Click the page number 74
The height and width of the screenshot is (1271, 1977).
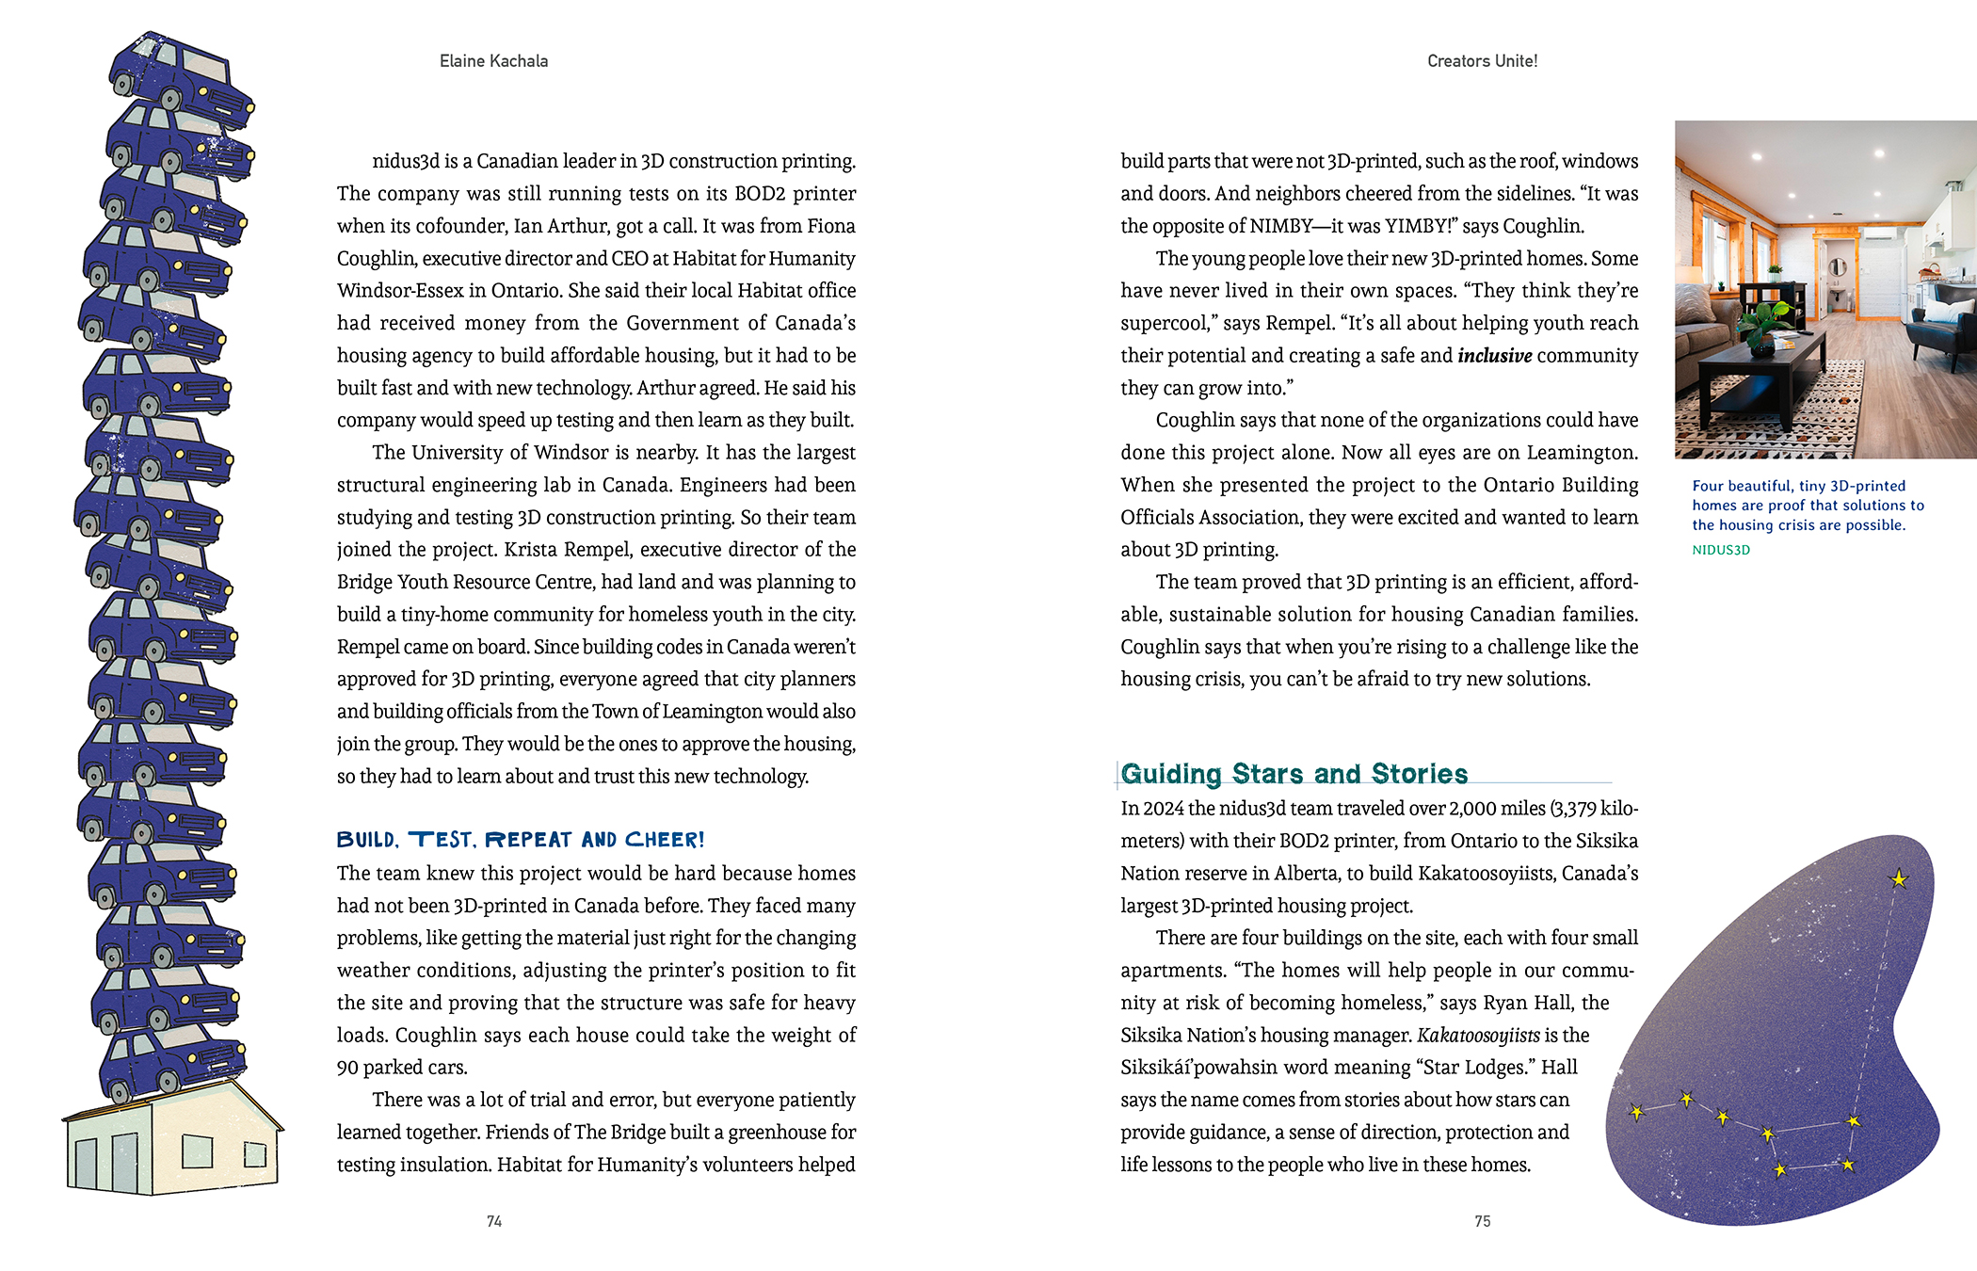tap(494, 1221)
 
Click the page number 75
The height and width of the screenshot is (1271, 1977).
tap(1483, 1221)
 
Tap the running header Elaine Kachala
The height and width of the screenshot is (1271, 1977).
tap(493, 61)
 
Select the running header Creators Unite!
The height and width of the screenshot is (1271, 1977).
tap(1482, 61)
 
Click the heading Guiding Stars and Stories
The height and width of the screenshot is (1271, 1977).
tap(1294, 774)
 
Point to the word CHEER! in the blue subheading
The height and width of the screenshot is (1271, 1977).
tap(665, 840)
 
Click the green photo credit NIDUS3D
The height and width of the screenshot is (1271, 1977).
tap(1721, 550)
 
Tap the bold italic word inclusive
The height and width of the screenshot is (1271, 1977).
tap(1495, 356)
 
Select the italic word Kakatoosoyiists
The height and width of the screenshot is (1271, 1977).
tap(1478, 1036)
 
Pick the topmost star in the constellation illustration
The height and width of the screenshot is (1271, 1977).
tap(1899, 879)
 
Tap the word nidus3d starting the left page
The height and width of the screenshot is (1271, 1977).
tap(406, 161)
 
